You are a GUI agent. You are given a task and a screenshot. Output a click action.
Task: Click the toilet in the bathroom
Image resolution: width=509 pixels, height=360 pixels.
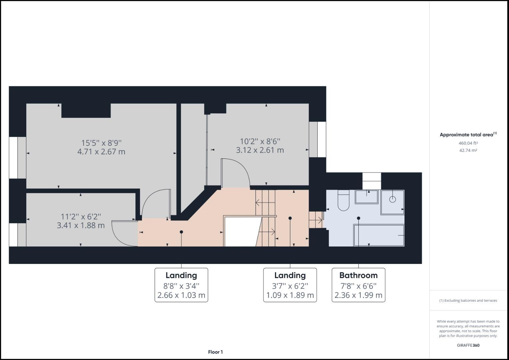point(343,201)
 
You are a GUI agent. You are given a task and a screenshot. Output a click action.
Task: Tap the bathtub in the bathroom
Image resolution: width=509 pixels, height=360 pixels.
point(379,235)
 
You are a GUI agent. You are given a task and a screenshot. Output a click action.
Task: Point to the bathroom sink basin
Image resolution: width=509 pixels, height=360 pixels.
point(366,197)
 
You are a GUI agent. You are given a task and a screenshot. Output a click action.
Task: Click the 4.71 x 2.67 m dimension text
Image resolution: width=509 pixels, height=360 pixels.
point(101,152)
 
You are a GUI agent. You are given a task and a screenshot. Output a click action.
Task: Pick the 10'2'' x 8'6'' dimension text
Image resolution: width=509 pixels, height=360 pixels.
point(260,141)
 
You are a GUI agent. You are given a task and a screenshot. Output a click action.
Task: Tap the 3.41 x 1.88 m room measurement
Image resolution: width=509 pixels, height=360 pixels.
point(81,225)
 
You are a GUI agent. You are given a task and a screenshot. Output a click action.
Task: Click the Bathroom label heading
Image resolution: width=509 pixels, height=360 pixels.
point(358,275)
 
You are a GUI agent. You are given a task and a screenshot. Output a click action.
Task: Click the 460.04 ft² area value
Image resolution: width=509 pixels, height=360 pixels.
point(468,143)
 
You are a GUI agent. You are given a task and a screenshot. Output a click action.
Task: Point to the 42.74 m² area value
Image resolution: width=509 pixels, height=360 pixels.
point(468,150)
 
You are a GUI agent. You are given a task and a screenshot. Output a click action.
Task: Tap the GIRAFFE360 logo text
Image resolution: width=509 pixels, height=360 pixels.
point(468,345)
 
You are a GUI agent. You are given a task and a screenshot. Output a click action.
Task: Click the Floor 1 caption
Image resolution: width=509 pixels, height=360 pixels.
point(215,352)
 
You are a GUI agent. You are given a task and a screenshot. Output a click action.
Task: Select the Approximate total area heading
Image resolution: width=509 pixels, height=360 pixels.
point(468,135)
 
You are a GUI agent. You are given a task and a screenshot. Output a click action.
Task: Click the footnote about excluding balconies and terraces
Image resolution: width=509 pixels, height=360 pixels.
point(468,300)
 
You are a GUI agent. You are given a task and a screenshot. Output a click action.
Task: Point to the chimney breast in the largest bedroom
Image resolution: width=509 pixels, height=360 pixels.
point(86,110)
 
